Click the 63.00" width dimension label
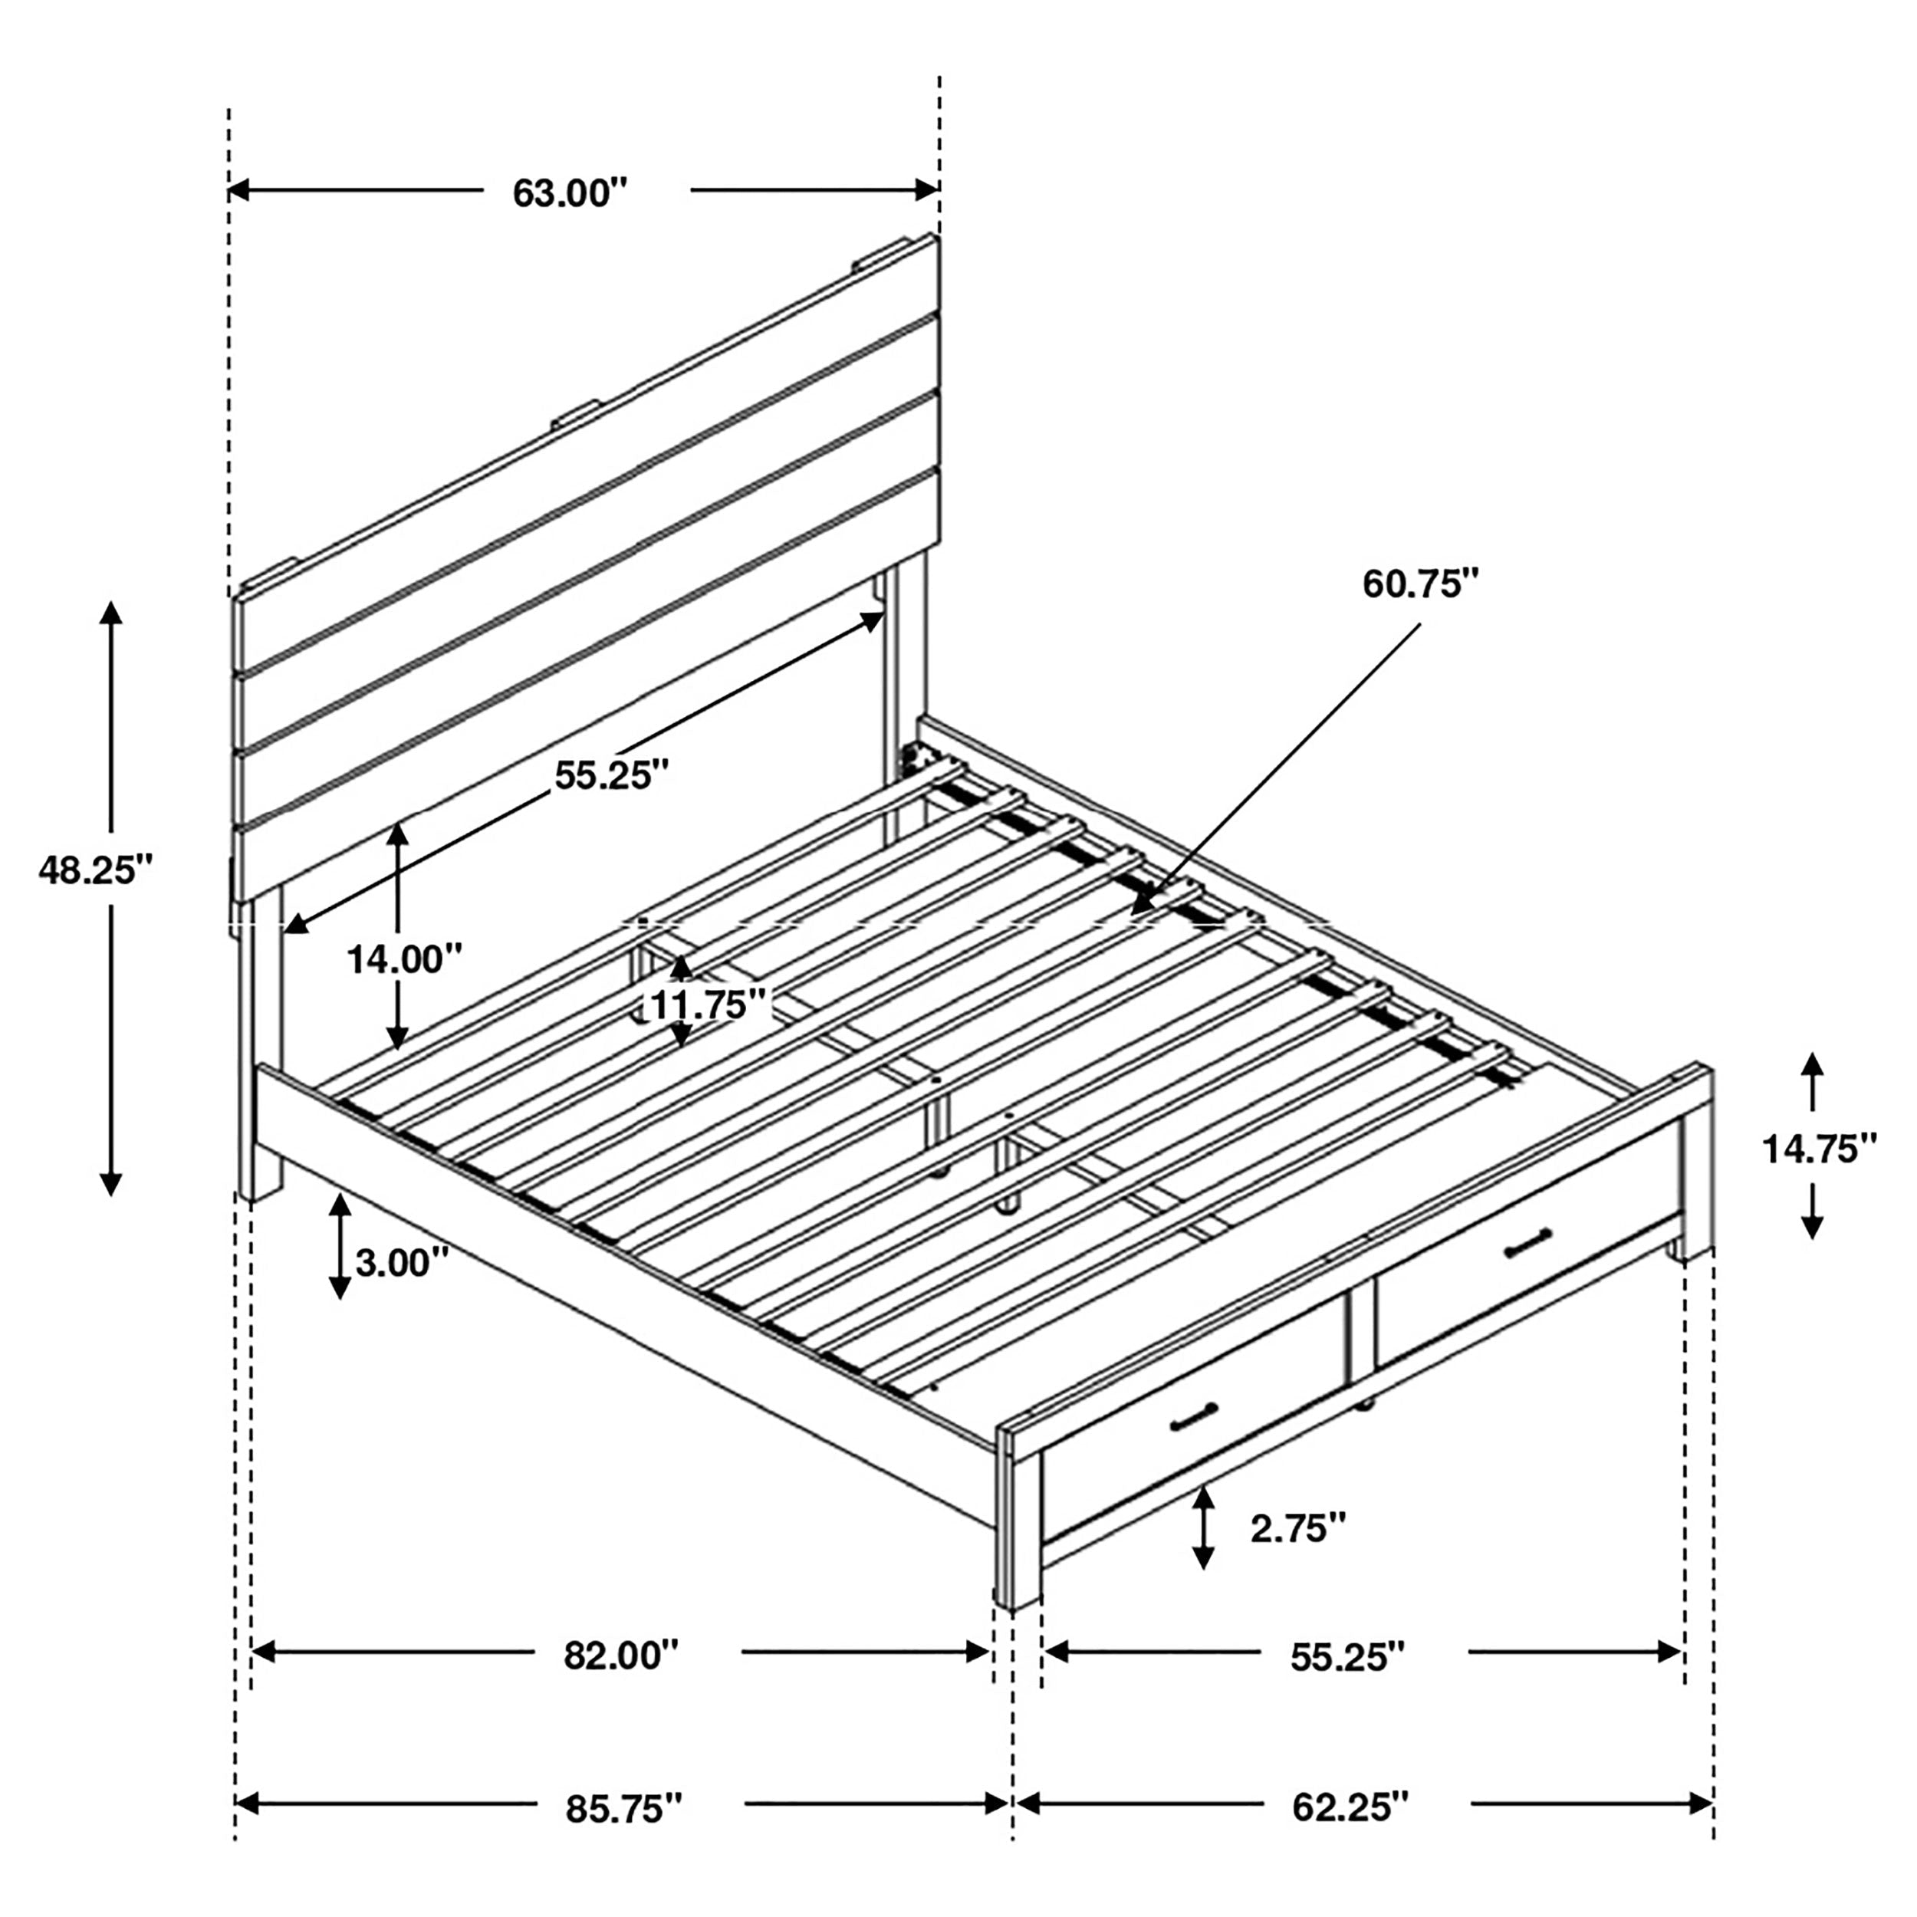click(570, 192)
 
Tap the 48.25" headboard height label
click(97, 870)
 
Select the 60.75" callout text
click(1420, 584)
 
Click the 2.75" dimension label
click(1298, 1529)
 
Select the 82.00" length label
click(621, 1655)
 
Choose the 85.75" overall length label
click(624, 1810)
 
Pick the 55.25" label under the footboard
click(1347, 1656)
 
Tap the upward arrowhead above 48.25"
click(111, 611)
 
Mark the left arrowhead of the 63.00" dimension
click(238, 189)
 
